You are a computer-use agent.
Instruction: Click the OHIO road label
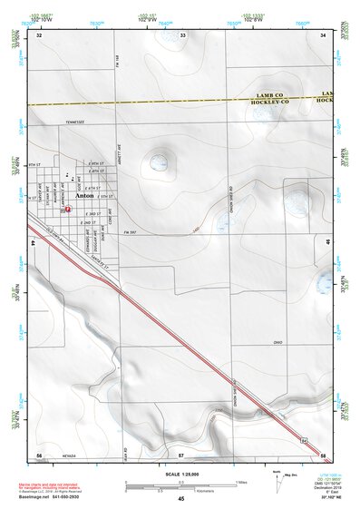pyautogui.click(x=278, y=342)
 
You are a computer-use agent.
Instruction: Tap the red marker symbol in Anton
pyautogui.click(x=67, y=209)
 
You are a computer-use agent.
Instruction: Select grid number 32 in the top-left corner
pyautogui.click(x=39, y=34)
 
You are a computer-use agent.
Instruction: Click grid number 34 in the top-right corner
pyautogui.click(x=324, y=34)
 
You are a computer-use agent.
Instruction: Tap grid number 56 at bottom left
pyautogui.click(x=39, y=455)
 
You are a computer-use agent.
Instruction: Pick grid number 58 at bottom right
pyautogui.click(x=324, y=455)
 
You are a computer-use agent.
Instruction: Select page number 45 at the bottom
pyautogui.click(x=180, y=500)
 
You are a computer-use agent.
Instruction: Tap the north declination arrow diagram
pyautogui.click(x=263, y=477)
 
